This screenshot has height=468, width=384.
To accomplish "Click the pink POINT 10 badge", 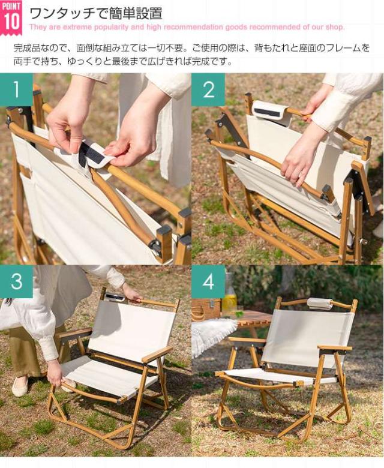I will pos(12,16).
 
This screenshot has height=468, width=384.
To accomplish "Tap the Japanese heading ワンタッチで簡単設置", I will pos(95,13).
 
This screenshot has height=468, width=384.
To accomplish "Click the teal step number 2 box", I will pos(208,89).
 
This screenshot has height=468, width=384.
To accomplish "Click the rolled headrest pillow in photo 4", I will pos(319,304).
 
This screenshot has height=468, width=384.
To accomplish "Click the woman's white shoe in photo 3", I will pos(20,387).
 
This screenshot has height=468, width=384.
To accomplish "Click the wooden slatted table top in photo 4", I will pos(252,319).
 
